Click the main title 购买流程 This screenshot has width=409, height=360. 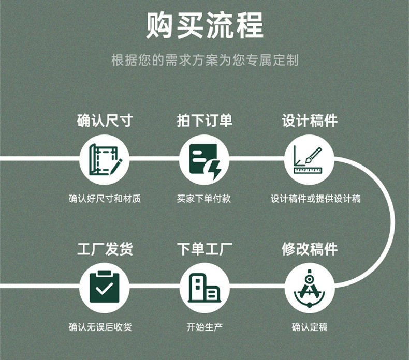click(204, 25)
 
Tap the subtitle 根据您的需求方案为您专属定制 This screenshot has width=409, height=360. click(204, 60)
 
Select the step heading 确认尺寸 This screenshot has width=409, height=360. click(105, 121)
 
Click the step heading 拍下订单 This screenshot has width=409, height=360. click(204, 121)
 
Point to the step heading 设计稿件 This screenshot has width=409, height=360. click(310, 121)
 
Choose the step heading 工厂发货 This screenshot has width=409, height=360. click(105, 249)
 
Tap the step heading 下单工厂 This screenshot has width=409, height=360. click(204, 249)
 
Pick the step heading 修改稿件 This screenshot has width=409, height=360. click(310, 249)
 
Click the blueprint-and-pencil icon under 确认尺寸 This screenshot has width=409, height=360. click(105, 159)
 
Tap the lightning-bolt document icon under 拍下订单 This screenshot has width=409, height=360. click(204, 159)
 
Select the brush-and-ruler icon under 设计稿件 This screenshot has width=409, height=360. click(310, 159)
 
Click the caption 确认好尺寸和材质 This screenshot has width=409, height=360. click(105, 199)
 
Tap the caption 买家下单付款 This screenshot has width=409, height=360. click(204, 199)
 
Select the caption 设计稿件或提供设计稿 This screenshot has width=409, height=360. click(316, 199)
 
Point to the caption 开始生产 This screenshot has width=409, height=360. click(204, 327)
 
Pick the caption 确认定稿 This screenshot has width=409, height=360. click(310, 327)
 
